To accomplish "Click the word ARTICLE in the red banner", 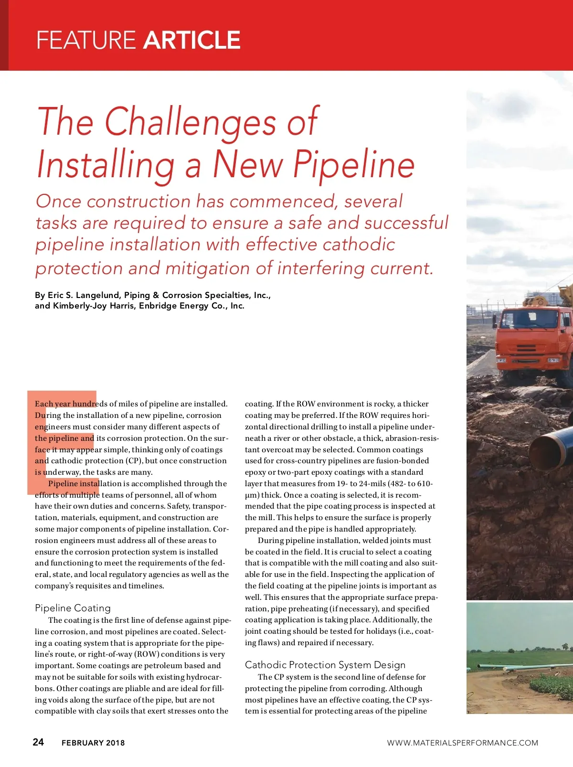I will [191, 40].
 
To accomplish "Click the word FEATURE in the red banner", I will [86, 40].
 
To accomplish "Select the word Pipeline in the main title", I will [354, 164].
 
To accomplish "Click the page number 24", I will [38, 742].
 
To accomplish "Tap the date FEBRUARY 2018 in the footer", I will [93, 743].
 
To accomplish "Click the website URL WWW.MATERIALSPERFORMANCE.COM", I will [462, 743].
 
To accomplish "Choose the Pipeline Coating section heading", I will [73, 608].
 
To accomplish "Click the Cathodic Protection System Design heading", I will [325, 665].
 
